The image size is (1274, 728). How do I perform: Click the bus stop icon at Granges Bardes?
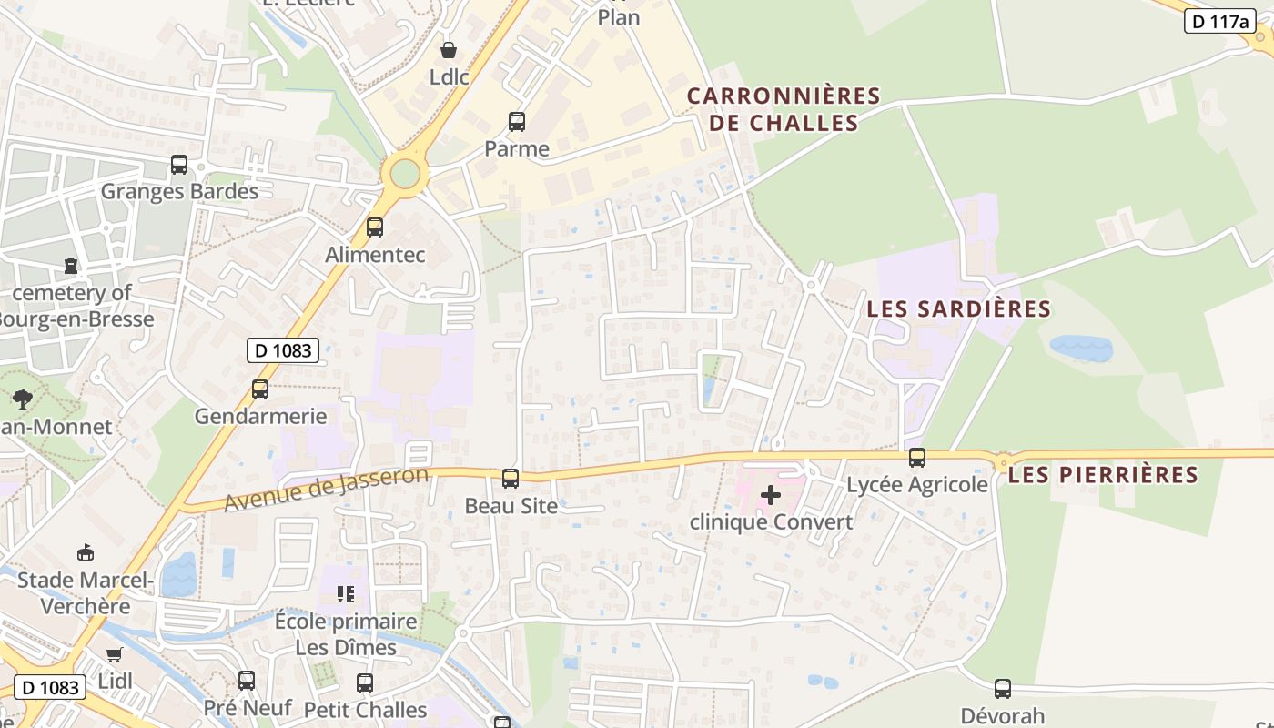[179, 165]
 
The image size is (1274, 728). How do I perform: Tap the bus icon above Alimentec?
[375, 227]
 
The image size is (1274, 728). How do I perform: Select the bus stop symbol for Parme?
[517, 122]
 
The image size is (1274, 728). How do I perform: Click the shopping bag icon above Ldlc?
[449, 49]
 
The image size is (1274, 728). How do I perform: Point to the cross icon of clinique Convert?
[771, 495]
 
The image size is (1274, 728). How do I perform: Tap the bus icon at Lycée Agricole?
[917, 458]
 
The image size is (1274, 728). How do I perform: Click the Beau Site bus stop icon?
[511, 479]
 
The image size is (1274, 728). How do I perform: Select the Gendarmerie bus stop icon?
[260, 389]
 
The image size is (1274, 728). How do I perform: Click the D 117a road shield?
[1219, 21]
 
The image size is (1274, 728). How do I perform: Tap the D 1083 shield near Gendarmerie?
[282, 350]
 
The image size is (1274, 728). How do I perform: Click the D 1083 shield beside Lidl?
[50, 687]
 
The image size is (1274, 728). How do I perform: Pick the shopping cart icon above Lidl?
[115, 654]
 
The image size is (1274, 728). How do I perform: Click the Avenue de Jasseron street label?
[326, 489]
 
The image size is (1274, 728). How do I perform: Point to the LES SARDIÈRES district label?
[958, 309]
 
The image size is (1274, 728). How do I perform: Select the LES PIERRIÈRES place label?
[1104, 474]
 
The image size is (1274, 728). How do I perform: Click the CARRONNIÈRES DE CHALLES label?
[784, 109]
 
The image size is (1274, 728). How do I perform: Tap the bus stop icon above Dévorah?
[1003, 689]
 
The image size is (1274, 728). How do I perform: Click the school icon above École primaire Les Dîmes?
[346, 595]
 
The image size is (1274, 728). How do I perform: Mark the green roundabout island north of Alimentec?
[405, 173]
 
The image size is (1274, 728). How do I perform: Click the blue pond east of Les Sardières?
[1081, 348]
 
